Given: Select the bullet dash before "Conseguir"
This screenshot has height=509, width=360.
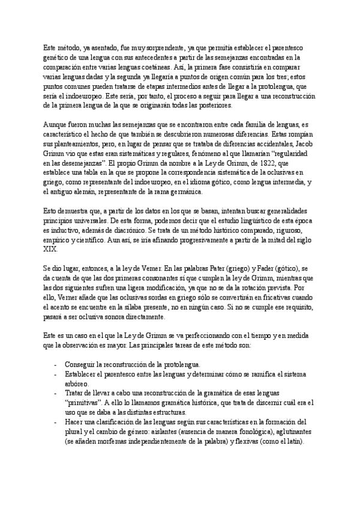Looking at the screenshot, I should click(x=56, y=365).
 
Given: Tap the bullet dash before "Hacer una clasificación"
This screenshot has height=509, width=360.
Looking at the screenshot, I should click(x=56, y=422).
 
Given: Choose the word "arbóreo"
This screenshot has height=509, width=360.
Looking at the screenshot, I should click(x=76, y=384).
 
